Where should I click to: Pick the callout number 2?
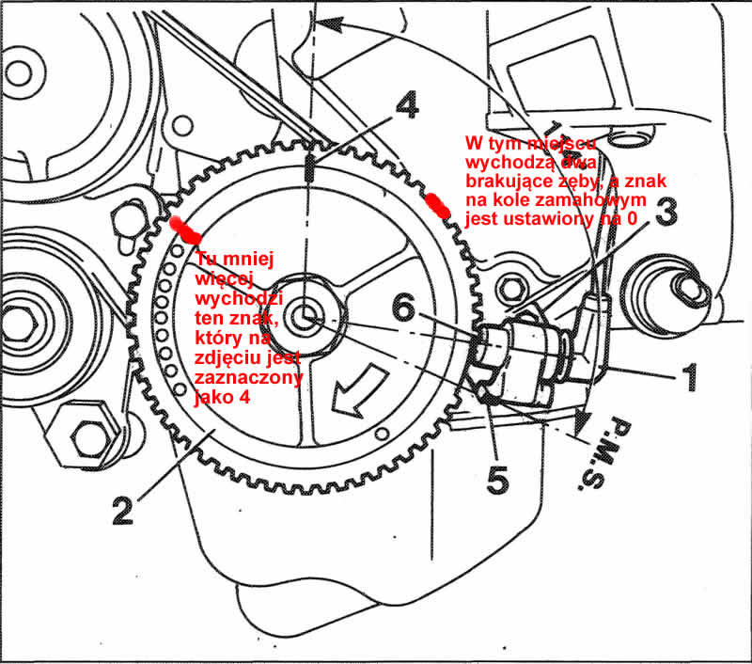[x=122, y=509]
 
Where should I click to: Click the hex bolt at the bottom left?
[x=87, y=435]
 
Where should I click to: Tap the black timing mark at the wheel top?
[x=309, y=170]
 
